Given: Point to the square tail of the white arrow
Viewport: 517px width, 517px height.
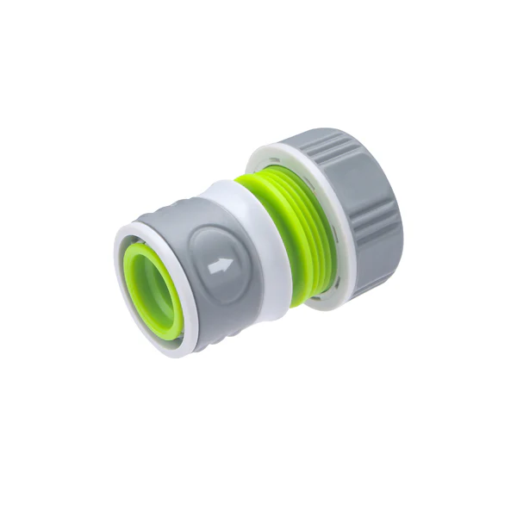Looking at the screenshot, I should pyautogui.click(x=212, y=269).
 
